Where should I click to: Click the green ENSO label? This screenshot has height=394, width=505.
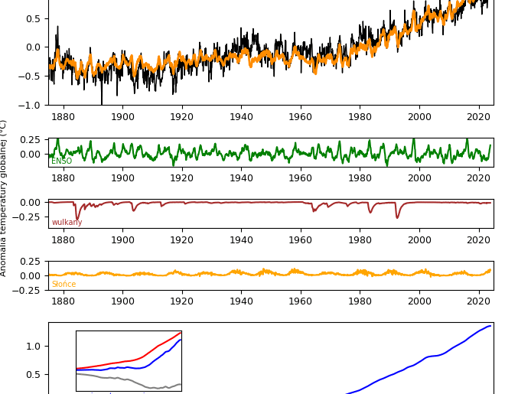(x=61, y=161)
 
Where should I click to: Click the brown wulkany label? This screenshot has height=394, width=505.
(x=67, y=223)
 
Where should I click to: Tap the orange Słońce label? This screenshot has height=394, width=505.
(x=64, y=285)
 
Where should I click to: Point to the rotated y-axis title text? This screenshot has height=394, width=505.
(x=4, y=197)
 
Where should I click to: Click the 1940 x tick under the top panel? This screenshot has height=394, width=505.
(x=241, y=116)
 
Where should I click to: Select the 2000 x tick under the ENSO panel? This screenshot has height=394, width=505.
(x=419, y=178)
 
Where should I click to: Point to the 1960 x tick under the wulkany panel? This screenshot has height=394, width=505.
(x=301, y=239)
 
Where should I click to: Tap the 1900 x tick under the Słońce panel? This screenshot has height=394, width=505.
(x=122, y=302)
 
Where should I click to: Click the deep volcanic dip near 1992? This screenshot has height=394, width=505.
(x=397, y=217)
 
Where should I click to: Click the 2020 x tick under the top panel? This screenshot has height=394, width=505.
(x=478, y=116)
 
